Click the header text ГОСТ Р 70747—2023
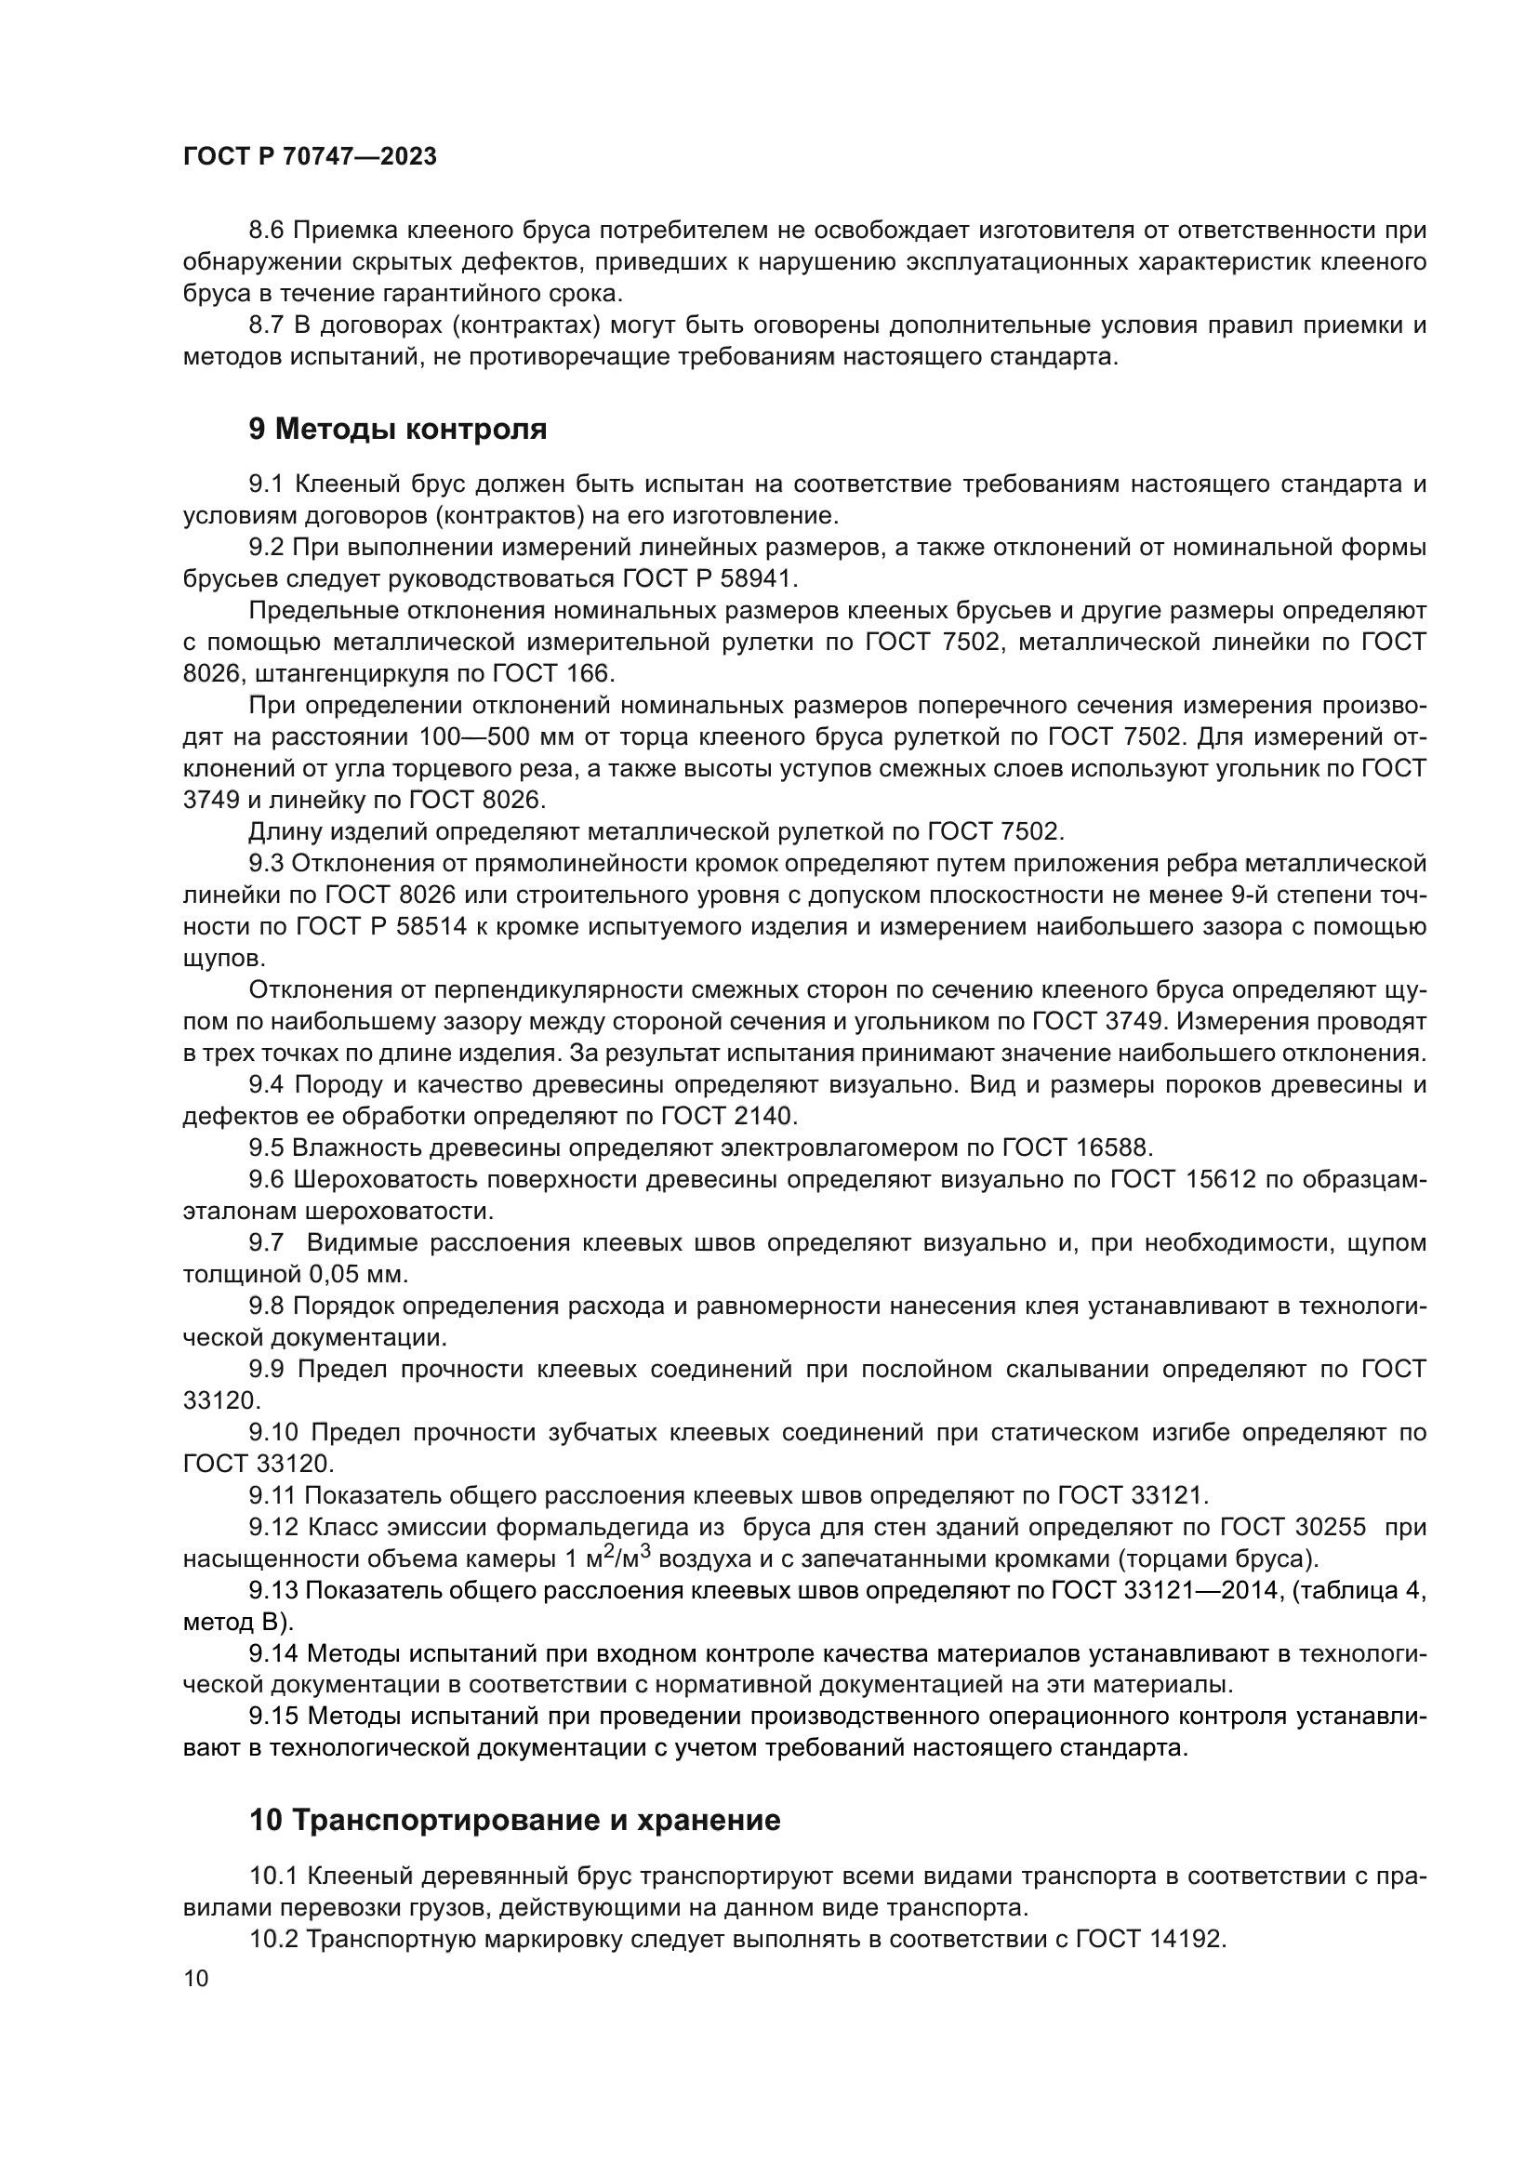click(310, 157)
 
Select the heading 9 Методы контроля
click(398, 429)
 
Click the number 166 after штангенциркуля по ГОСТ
click(593, 673)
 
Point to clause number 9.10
click(272, 1432)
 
